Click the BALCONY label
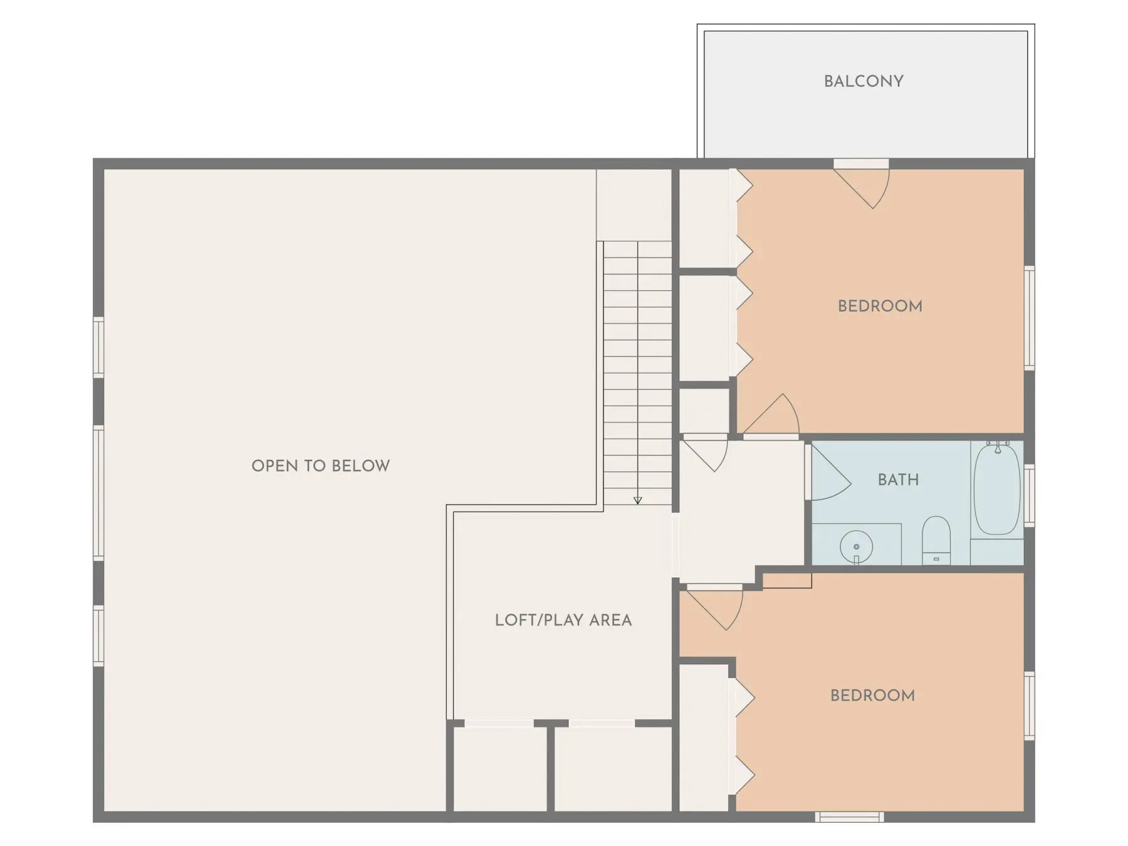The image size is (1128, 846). click(863, 81)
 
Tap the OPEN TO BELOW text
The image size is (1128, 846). click(320, 466)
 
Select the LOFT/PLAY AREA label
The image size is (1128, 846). click(563, 620)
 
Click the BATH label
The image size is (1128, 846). click(898, 479)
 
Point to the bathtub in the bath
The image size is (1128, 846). click(997, 488)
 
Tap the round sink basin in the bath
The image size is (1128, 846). click(856, 547)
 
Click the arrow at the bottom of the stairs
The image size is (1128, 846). click(637, 500)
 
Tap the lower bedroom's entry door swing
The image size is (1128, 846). click(714, 608)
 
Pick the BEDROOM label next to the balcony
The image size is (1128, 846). click(880, 306)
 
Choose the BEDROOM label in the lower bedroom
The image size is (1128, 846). click(872, 696)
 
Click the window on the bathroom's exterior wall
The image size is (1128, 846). click(1029, 495)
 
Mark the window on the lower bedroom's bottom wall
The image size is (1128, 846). click(849, 817)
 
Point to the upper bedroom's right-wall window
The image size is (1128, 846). click(1029, 318)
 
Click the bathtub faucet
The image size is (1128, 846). click(998, 446)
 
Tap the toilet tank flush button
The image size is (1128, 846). click(936, 558)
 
